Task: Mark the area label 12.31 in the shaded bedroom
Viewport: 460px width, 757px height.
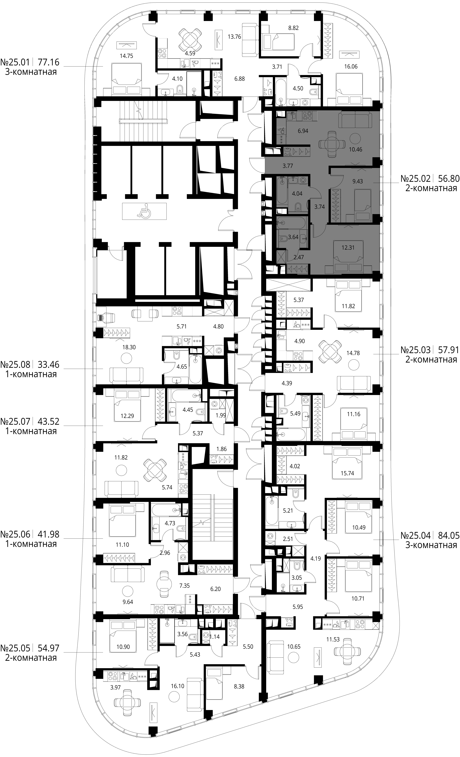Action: tap(348, 247)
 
